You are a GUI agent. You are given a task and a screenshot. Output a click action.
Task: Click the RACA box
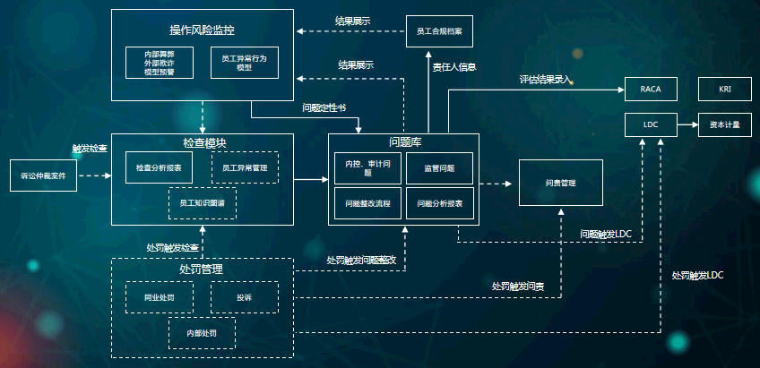(x=651, y=90)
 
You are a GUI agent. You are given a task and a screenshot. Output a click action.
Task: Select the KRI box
(x=725, y=90)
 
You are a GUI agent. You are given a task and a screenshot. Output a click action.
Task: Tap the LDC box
(x=651, y=125)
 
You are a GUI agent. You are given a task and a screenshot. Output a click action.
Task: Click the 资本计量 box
(x=725, y=125)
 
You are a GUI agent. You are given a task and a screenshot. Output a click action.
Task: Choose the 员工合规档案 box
(x=439, y=31)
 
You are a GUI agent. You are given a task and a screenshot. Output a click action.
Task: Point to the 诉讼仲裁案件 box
(x=44, y=176)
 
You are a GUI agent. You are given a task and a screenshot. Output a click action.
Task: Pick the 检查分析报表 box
(x=159, y=167)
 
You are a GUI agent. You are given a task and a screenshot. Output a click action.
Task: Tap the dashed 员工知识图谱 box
(x=203, y=203)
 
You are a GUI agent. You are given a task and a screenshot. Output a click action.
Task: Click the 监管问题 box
(x=438, y=167)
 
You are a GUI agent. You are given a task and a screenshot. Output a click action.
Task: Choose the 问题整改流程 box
(x=367, y=203)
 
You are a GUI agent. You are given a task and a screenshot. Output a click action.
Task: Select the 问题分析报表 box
(x=438, y=203)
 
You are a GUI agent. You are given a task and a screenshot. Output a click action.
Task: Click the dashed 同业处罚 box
(x=159, y=297)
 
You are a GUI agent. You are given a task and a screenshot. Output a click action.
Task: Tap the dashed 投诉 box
(x=244, y=297)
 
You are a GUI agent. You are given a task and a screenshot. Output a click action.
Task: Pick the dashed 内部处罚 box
(x=203, y=333)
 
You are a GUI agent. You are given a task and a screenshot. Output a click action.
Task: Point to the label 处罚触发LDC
(x=696, y=275)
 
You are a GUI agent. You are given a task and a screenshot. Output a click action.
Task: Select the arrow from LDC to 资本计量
(x=687, y=125)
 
